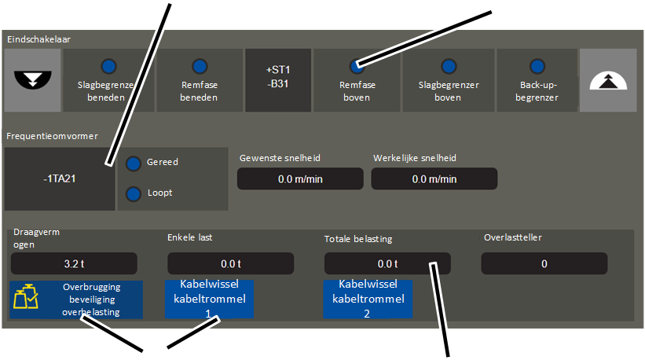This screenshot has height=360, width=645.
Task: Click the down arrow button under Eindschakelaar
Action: pos(32,80)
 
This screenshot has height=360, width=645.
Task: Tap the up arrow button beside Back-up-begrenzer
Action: pos(608,80)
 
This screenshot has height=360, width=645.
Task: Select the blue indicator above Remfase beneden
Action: pos(200,66)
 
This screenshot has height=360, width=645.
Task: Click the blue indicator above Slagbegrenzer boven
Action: pos(449,66)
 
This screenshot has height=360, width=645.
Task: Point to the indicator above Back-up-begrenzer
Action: pos(537,66)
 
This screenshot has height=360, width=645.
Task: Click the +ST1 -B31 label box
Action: pos(278,80)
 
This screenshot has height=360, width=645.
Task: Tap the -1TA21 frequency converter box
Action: pos(60,179)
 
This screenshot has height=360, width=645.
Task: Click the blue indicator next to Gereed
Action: pos(134,163)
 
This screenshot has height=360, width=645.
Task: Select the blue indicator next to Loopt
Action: pos(134,194)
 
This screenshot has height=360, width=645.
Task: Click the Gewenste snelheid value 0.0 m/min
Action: pos(300,179)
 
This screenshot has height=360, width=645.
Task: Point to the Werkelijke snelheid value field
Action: pos(434,179)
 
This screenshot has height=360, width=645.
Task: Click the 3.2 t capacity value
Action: pos(74,264)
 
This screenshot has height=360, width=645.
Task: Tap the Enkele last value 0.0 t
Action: pos(231,264)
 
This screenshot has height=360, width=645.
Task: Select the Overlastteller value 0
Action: pos(544,264)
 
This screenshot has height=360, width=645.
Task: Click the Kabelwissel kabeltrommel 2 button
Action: pos(368,299)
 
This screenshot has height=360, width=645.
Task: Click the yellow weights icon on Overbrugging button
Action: pos(25,296)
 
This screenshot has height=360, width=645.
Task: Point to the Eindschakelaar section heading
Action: pos(38,39)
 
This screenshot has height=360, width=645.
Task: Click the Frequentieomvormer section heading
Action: pos(52,136)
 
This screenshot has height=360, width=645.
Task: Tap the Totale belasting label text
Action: pos(358,239)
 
